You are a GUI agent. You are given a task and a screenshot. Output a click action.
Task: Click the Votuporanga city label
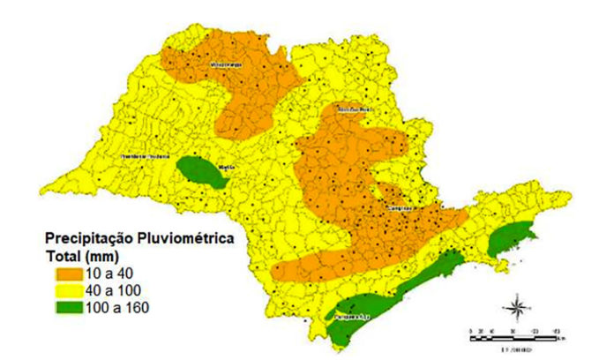223,64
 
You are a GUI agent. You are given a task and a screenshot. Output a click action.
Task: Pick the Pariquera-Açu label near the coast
348,312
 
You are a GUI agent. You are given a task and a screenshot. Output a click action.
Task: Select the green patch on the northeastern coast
510,237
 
